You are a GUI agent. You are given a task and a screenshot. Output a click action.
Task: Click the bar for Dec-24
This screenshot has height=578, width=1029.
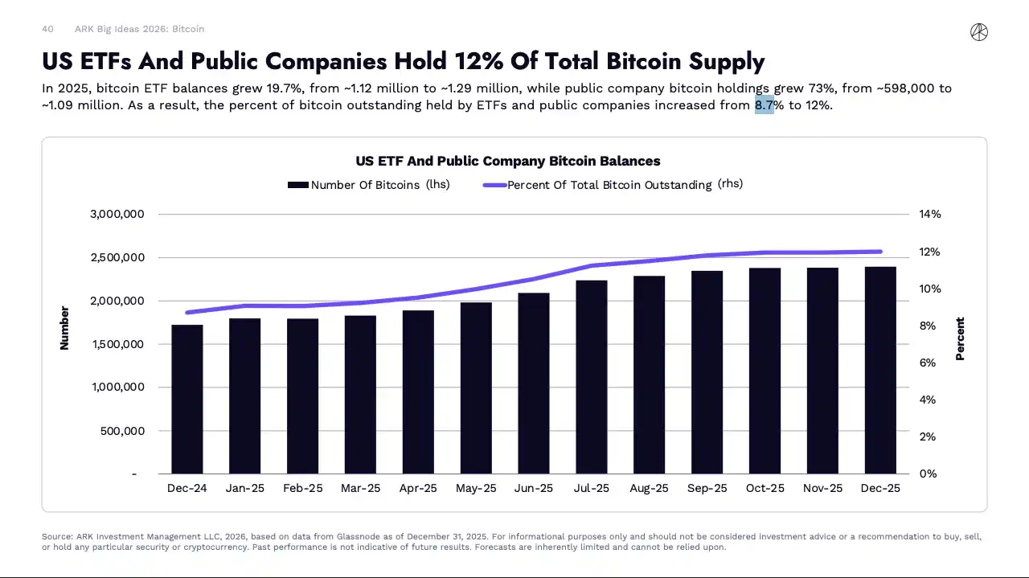point(187,400)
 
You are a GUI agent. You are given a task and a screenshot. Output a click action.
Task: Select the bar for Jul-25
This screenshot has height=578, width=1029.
point(592,377)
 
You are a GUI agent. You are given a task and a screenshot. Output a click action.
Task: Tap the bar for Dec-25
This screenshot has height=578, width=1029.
point(880,371)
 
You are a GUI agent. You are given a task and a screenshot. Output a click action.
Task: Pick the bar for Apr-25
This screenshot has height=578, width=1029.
point(418,392)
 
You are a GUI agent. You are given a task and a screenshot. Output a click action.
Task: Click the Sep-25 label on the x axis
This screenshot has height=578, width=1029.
point(707,489)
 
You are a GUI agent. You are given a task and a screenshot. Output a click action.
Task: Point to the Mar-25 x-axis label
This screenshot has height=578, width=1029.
point(360,489)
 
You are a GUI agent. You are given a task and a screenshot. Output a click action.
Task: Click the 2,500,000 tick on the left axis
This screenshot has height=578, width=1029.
point(117,257)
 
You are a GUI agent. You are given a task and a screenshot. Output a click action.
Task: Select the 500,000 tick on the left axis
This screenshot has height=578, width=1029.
point(124,431)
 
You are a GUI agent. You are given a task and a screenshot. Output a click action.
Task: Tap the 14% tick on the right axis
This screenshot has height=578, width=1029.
point(929,215)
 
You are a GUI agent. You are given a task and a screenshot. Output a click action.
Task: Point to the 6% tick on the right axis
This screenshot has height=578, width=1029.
point(928,363)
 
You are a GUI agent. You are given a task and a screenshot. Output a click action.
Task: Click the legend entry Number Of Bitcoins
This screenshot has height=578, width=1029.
point(365,185)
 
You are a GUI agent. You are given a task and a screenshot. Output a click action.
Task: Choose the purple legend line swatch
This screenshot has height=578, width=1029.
point(494,185)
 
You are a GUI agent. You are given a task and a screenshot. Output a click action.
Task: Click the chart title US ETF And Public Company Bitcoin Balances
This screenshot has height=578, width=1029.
point(508,162)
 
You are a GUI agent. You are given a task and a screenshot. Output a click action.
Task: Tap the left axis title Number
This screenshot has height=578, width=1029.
point(64,328)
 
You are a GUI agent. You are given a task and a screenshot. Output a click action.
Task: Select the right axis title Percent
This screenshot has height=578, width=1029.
point(960,338)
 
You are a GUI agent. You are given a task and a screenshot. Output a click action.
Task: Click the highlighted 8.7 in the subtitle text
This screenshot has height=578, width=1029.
point(764,105)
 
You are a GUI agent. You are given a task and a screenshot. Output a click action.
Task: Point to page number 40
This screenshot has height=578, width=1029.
point(47,29)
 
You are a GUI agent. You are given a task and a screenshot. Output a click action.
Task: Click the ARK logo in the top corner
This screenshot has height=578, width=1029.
point(978,32)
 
